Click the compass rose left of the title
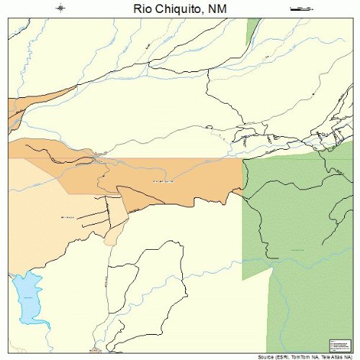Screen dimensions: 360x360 click(x=62, y=9)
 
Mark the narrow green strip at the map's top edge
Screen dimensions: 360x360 click(x=252, y=29)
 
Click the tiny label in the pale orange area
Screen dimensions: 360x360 click(x=48, y=215)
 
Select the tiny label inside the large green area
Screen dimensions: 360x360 click(x=297, y=249)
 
